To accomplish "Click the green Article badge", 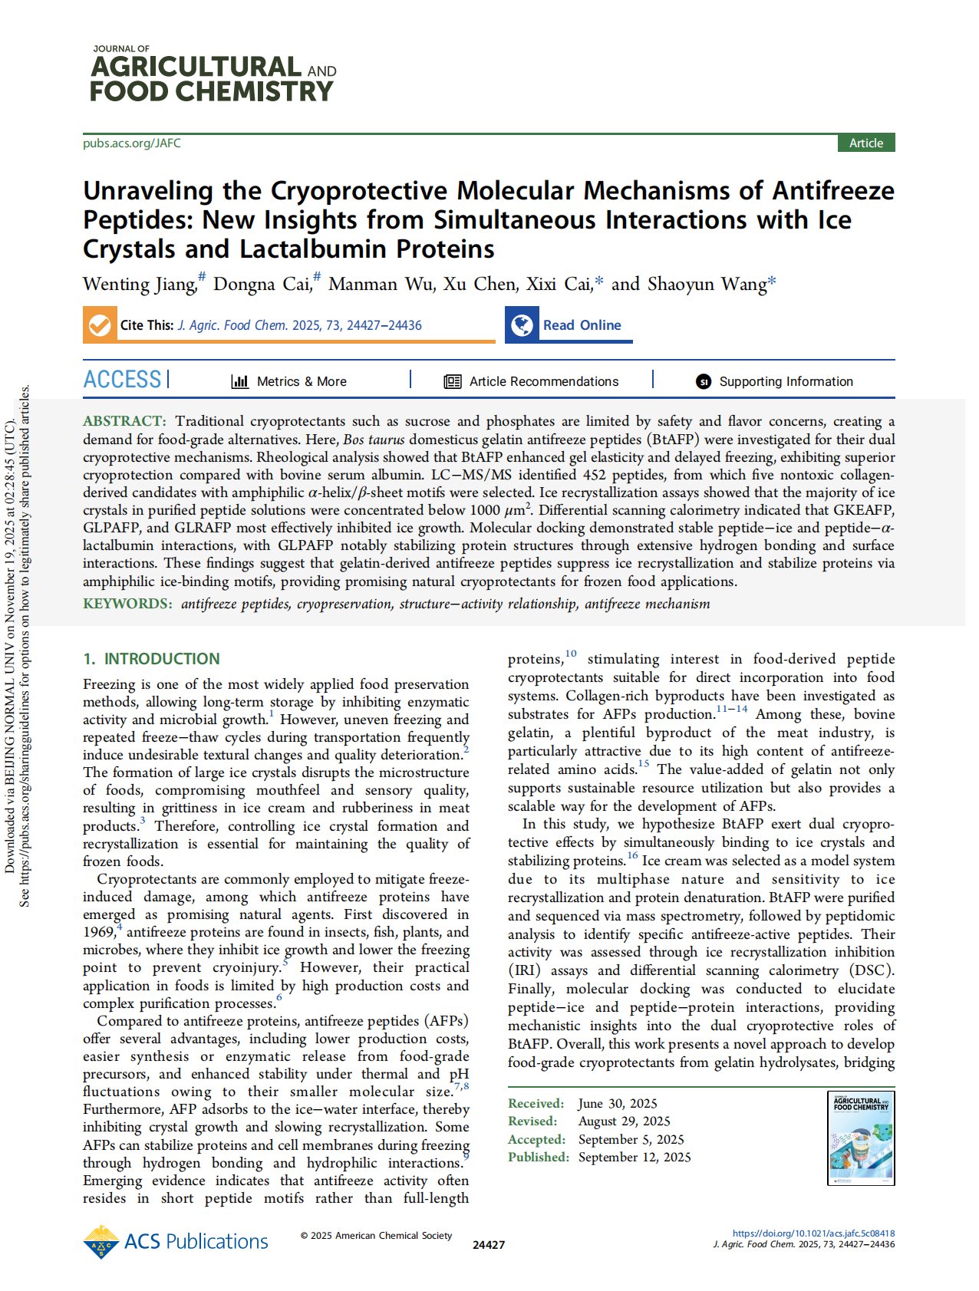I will coord(865,143).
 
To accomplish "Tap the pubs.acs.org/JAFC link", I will coord(132,143).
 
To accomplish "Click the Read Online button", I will coord(581,325).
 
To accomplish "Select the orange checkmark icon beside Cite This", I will coord(99,325).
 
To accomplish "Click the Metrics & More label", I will coord(301,381).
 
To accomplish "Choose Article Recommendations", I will coord(543,381).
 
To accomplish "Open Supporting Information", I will coord(785,381).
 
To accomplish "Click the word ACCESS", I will coord(123,380).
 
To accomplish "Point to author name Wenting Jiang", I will coord(140,285).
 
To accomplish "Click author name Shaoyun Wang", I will coord(707,285).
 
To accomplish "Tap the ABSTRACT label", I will coord(124,421).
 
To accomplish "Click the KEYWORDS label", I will coord(127,604).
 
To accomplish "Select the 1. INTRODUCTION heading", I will coord(151,659).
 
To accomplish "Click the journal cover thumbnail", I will coord(862,1138).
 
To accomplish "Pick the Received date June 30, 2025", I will coord(618,1104).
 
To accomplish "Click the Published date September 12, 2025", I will coord(635,1157).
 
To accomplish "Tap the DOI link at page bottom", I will coord(813,1233).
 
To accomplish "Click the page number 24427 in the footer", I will coord(489,1245).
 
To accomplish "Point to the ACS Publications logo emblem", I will coord(101,1242).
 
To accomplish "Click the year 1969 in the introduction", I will coord(98,933).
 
